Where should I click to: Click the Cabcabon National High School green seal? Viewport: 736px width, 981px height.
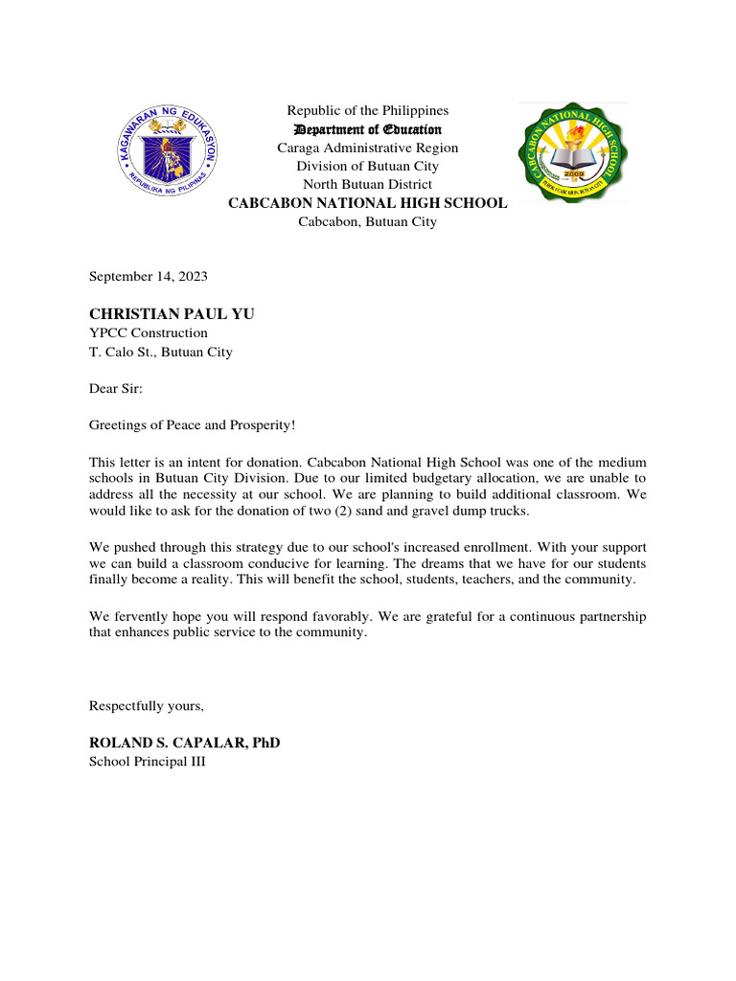coord(572,151)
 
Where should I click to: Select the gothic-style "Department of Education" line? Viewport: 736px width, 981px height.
coord(367,129)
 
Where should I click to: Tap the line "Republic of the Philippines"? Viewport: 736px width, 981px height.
coord(367,111)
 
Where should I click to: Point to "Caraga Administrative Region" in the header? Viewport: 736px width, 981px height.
coord(367,148)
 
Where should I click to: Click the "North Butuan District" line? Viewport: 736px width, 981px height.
coord(367,184)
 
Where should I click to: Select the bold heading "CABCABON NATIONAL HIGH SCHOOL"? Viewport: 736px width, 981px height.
coord(366,203)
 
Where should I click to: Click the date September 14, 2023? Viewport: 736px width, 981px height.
coord(148,276)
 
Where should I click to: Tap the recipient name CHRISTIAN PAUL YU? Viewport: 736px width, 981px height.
coord(172,314)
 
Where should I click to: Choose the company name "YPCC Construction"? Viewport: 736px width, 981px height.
coord(148,332)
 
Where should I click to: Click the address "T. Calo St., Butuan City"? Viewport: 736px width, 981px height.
coord(160,352)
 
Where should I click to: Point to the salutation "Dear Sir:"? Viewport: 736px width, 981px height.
coord(115,388)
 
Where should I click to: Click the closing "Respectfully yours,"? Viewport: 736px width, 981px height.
coord(147,706)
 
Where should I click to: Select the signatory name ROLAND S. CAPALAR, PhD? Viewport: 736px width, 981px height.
coord(184,743)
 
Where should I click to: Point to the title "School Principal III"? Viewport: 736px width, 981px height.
coord(147,762)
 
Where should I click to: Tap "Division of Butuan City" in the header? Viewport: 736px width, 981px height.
coord(367,166)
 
